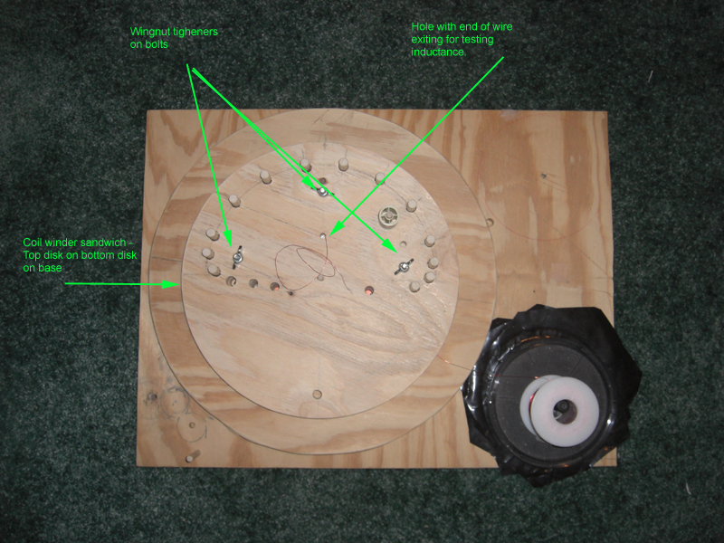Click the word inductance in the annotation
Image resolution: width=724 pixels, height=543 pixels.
[x=438, y=52]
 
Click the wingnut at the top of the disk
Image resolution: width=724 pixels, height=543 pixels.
[x=322, y=191]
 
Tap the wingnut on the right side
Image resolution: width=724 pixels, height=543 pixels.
[x=404, y=266]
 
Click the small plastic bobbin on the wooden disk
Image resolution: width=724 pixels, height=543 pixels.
[x=389, y=214]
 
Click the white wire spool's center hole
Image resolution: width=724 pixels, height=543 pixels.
[x=564, y=406]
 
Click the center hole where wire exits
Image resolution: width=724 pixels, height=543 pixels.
[x=323, y=236]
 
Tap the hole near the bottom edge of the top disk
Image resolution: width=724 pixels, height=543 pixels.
[x=318, y=394]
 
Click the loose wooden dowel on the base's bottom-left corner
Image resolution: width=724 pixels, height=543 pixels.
[x=192, y=456]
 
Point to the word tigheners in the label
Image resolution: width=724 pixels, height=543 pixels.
[x=195, y=32]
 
